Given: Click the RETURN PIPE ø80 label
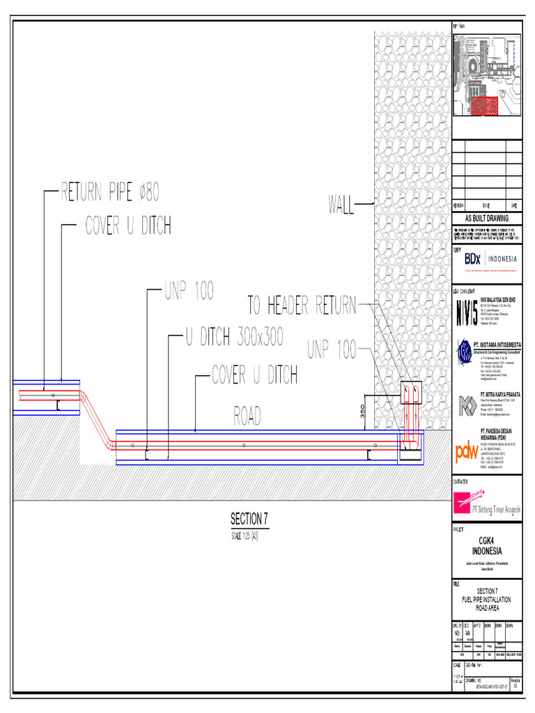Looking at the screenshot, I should coord(111,191).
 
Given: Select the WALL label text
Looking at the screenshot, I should coord(340,205).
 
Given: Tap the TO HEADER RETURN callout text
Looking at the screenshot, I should coord(302,305).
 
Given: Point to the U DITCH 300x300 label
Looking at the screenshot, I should coord(234,338).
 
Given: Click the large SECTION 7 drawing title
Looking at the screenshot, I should coord(249,520).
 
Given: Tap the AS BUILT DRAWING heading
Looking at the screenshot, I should coord(487,218).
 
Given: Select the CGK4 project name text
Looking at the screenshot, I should coord(486,540).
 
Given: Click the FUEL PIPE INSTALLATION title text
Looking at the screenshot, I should coord(486,599).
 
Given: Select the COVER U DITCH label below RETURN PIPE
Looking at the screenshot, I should coord(128,225).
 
